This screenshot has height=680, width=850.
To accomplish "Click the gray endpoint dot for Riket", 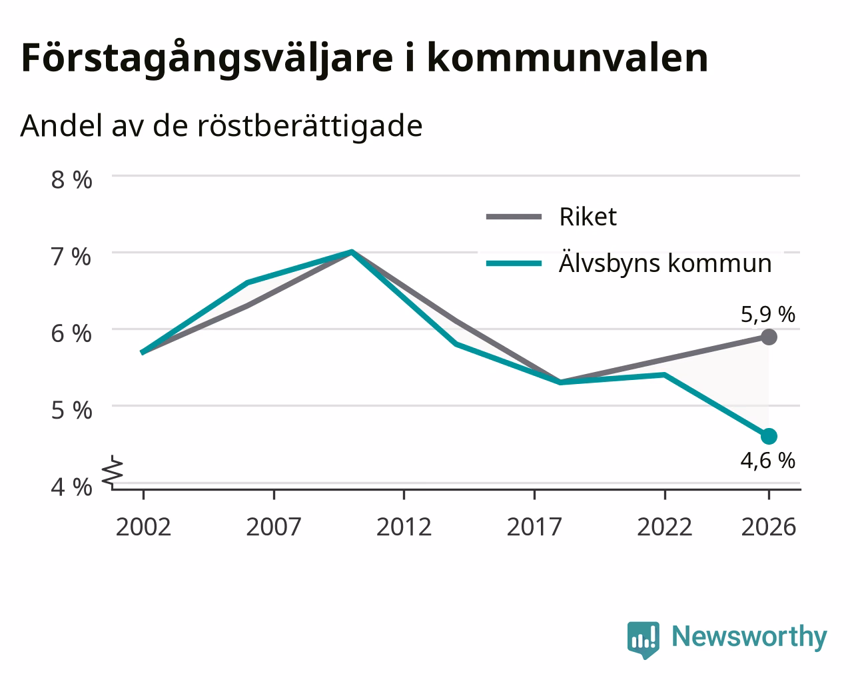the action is [x=769, y=337].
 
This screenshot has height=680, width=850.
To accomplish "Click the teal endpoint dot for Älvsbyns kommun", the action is [x=769, y=437].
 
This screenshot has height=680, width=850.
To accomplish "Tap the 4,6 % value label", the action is [x=768, y=461].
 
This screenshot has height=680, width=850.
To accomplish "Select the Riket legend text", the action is [x=588, y=217].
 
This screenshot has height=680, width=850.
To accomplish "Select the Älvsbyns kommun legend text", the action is [x=665, y=263].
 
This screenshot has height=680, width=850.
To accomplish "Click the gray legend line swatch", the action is [x=514, y=217].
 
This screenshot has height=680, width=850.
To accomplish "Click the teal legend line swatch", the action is [x=514, y=263].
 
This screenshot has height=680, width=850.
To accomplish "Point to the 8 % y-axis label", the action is [x=71, y=180].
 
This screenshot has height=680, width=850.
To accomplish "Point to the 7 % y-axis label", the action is [x=71, y=257].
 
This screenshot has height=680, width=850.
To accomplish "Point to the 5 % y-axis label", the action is [x=71, y=411].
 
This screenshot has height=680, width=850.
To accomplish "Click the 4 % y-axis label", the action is [x=71, y=487].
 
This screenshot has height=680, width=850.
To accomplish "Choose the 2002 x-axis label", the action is [x=143, y=527].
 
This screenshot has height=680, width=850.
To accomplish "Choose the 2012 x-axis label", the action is [x=404, y=527].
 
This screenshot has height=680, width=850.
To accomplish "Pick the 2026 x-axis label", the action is [x=768, y=527].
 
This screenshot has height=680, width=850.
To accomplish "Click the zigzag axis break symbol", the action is [x=113, y=470].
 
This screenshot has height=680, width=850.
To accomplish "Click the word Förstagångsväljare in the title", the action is [x=207, y=59].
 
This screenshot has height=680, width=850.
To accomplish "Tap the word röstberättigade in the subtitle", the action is [x=310, y=127].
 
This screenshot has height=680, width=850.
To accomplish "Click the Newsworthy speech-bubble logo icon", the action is [x=643, y=638].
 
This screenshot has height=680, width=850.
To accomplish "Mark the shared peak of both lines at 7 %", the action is [x=352, y=252].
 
